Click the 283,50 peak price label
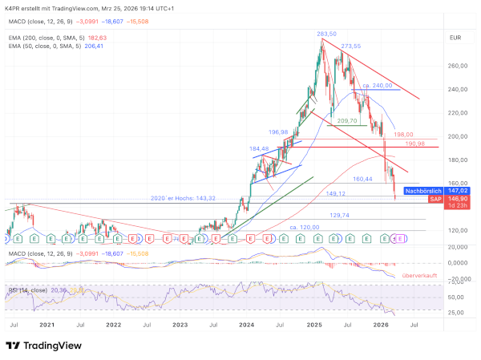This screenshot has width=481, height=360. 326,34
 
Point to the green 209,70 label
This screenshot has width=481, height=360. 347,120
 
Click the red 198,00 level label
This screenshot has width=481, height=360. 403,135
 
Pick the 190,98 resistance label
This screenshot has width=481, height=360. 414,144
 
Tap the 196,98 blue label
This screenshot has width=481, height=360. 278,132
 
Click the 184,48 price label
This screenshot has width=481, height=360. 260,148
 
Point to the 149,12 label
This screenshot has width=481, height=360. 336,193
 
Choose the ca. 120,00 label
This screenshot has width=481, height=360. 305,228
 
